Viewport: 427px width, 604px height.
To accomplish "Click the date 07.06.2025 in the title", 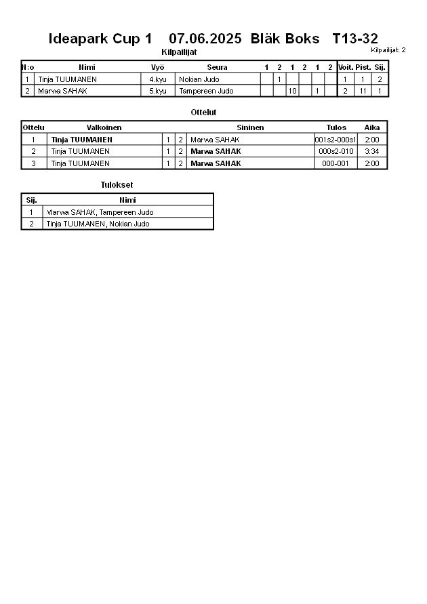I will [205, 39].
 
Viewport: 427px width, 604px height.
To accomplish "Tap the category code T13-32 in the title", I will [355, 39].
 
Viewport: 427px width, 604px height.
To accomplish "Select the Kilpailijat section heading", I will [179, 52].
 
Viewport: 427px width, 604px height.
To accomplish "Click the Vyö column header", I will [157, 67].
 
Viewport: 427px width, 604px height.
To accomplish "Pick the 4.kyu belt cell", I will [157, 79].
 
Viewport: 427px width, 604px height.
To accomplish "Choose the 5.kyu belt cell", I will [157, 90].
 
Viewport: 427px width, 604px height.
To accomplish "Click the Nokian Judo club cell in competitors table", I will [199, 79].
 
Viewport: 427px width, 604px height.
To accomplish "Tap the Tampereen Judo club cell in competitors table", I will [206, 90].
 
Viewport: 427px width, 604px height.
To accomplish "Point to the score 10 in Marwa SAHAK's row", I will [292, 90].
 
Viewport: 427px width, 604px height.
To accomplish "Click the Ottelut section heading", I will [204, 113].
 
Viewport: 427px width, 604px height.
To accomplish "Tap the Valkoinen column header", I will [104, 127].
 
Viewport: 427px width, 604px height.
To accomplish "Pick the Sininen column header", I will [250, 127].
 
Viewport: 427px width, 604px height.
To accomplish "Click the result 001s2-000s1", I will [335, 140].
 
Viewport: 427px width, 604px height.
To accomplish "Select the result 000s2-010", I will [335, 151].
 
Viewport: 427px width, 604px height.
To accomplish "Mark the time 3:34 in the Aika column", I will [371, 151].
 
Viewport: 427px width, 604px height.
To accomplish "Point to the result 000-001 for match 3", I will [335, 163].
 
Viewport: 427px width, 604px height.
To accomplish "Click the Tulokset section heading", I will [117, 185].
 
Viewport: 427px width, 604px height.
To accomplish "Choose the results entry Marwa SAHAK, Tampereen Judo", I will [100, 212].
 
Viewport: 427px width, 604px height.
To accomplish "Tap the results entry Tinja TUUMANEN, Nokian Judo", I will [98, 224].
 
